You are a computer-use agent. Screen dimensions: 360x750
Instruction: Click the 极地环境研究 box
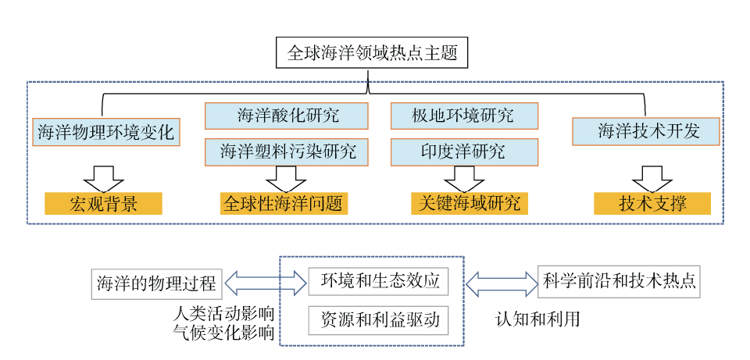click(x=463, y=116)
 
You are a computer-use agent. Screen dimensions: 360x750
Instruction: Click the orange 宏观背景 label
click(x=104, y=205)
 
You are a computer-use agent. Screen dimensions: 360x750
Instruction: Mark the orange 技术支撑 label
click(x=652, y=205)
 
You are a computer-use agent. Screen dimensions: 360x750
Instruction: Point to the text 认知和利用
click(x=537, y=319)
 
